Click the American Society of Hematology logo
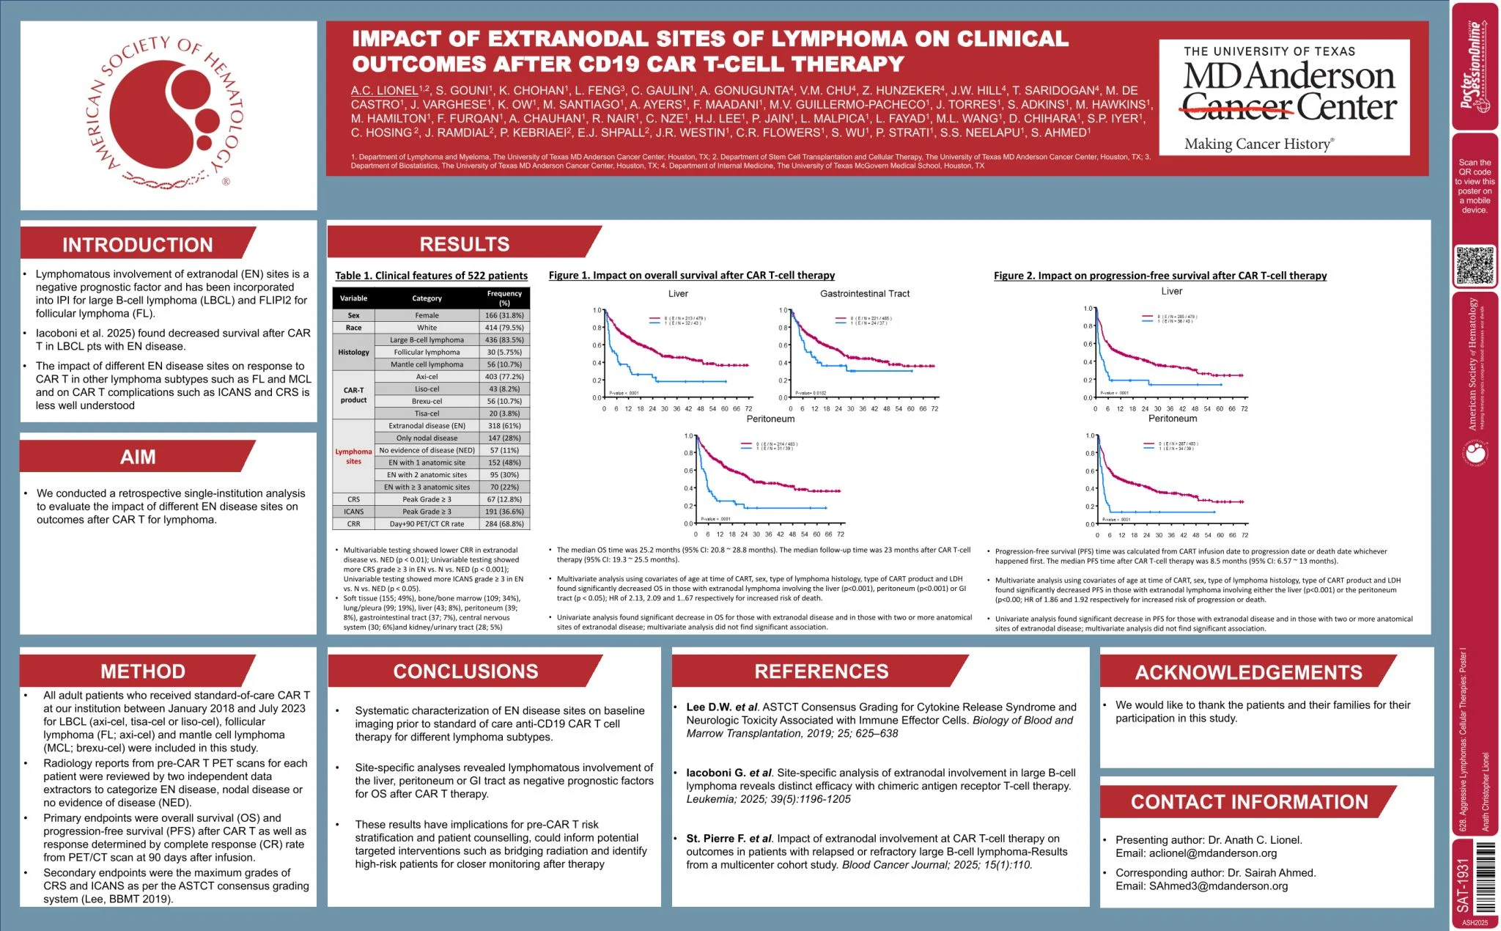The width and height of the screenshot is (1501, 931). pyautogui.click(x=169, y=114)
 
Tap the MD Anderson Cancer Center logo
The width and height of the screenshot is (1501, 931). pyautogui.click(x=1284, y=97)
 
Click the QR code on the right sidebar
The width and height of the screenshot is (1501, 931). pyautogui.click(x=1475, y=265)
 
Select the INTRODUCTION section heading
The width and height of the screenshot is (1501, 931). pyautogui.click(x=138, y=245)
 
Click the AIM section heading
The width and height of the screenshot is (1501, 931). pyautogui.click(x=138, y=457)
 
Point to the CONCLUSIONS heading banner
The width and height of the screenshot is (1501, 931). pyautogui.click(x=465, y=671)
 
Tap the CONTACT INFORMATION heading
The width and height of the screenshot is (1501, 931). pyautogui.click(x=1249, y=802)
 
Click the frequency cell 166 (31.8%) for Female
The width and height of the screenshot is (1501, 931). pyautogui.click(x=504, y=315)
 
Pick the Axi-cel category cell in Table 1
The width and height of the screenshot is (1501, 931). pyautogui.click(x=427, y=377)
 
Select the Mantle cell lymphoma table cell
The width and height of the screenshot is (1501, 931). pyautogui.click(x=427, y=364)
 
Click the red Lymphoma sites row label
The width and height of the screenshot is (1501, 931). pyautogui.click(x=353, y=456)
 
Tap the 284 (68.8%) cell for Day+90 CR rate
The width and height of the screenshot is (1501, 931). pyautogui.click(x=504, y=524)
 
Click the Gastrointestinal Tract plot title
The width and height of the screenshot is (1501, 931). pyautogui.click(x=864, y=294)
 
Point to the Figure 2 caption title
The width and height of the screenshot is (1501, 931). pyautogui.click(x=1159, y=276)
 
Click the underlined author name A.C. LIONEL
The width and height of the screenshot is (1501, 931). pyautogui.click(x=384, y=91)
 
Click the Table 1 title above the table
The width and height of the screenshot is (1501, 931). pyautogui.click(x=431, y=276)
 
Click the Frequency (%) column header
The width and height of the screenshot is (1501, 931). pyautogui.click(x=504, y=298)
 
